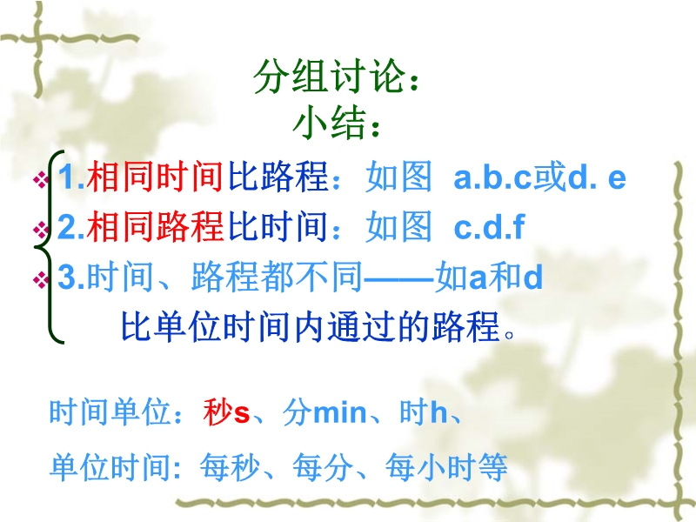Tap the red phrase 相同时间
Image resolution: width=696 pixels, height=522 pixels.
[x=155, y=177]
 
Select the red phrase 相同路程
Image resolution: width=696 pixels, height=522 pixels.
[x=155, y=226]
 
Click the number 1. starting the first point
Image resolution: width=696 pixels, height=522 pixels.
[x=71, y=177]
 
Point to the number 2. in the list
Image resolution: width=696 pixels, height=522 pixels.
[x=71, y=226]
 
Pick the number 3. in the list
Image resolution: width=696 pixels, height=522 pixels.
[x=71, y=277]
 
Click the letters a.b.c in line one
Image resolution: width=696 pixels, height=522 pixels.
[x=492, y=177]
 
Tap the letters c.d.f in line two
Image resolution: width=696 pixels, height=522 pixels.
[x=489, y=226]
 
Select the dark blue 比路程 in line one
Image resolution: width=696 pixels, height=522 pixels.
[x=278, y=177]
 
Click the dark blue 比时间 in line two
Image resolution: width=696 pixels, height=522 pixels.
[x=278, y=226]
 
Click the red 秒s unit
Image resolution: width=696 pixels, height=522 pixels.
[x=226, y=412]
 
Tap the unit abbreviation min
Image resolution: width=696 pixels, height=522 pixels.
[x=340, y=412]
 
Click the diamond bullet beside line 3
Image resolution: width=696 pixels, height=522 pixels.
[x=40, y=279]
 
